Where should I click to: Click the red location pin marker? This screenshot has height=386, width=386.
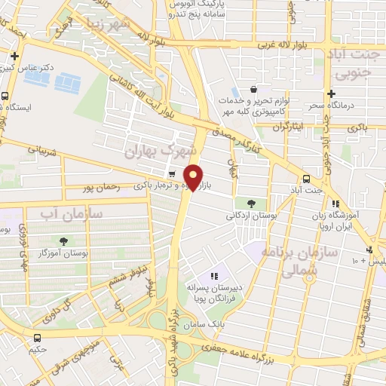(194, 176)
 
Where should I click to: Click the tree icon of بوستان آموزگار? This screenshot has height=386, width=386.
(63, 242)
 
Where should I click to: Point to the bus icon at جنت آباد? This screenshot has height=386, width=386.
(306, 179)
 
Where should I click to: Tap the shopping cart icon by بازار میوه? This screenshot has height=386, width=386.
(173, 174)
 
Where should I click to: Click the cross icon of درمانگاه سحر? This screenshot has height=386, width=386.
(331, 93)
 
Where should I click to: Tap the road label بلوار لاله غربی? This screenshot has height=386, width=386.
(283, 44)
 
